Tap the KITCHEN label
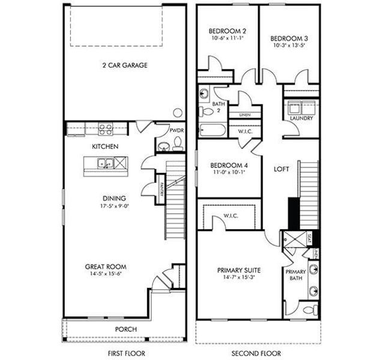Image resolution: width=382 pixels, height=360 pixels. pyautogui.click(x=105, y=146)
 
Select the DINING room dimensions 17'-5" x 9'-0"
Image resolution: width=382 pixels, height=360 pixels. pyautogui.click(x=113, y=205)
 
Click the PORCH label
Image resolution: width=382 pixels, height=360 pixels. pyautogui.click(x=126, y=329)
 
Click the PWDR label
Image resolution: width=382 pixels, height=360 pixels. pyautogui.click(x=177, y=130)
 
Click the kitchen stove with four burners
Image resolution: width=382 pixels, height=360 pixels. pyautogui.click(x=106, y=127)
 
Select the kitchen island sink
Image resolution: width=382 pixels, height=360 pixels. pyautogui.click(x=105, y=163)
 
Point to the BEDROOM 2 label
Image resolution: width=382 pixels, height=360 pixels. pyautogui.click(x=226, y=31)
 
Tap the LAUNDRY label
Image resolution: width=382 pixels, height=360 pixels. pyautogui.click(x=301, y=118)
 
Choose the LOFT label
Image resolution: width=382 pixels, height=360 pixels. pyautogui.click(x=281, y=170)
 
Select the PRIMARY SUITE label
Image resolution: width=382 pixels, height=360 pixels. pyautogui.click(x=238, y=271)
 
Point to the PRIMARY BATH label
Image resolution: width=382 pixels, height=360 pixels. pyautogui.click(x=296, y=275)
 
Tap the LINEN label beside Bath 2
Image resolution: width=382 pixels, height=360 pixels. pyautogui.click(x=244, y=114)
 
